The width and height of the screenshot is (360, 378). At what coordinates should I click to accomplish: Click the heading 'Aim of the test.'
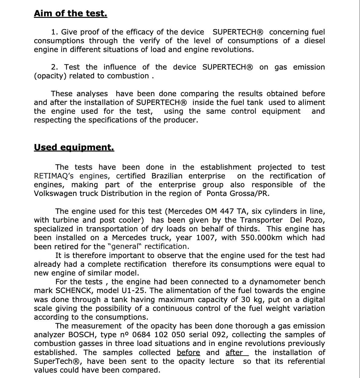[x=70, y=14]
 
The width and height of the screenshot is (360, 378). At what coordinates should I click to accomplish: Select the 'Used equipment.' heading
[x=74, y=148]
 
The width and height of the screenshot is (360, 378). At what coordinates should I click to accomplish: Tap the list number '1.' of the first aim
[x=54, y=32]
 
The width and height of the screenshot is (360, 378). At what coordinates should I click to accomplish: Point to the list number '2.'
[x=55, y=67]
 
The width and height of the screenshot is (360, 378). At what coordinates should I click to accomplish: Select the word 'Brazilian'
[x=167, y=176]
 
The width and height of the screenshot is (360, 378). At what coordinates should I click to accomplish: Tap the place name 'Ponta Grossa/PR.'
[x=238, y=194]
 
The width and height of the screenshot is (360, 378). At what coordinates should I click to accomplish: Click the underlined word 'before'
[x=188, y=353]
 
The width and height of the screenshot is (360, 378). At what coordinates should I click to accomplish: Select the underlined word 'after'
[x=234, y=353]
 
